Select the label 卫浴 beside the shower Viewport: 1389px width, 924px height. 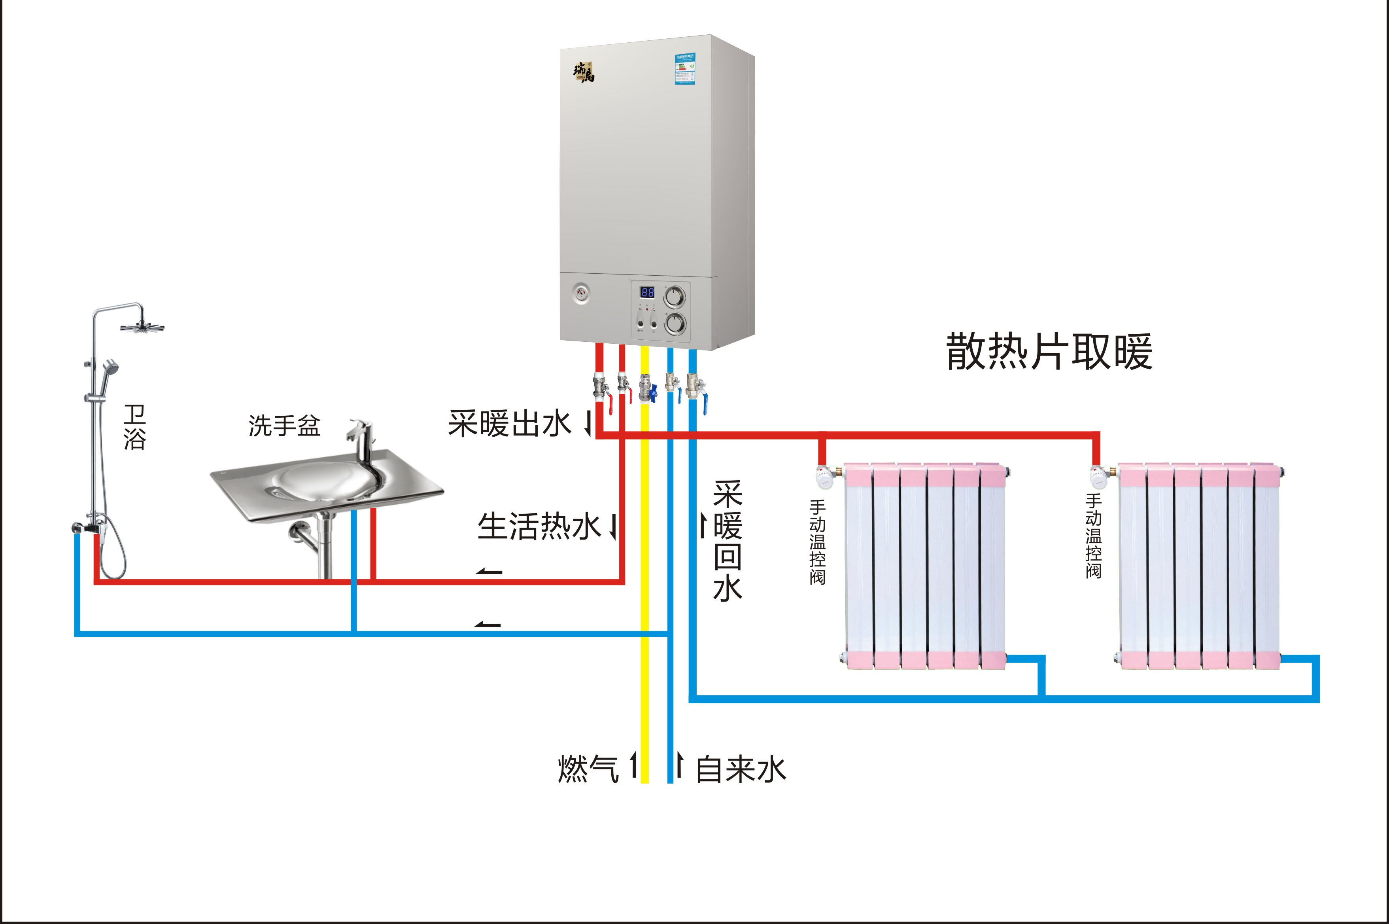(134, 427)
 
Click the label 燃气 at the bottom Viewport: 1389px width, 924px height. (588, 769)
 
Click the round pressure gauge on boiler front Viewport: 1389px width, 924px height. (581, 293)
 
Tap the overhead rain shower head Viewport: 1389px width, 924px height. (142, 328)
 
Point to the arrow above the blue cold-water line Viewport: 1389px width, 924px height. (488, 625)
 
